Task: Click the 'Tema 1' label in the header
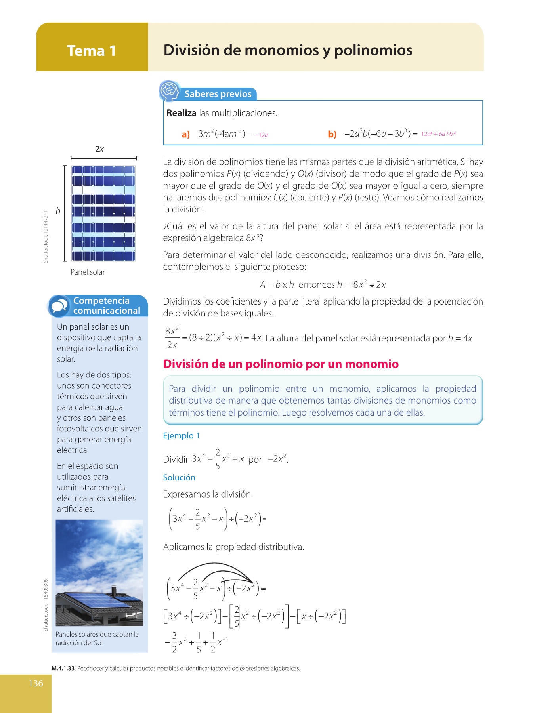point(92,51)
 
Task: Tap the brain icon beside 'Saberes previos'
point(170,91)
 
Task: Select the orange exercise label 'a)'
point(186,135)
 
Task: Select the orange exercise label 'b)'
point(332,134)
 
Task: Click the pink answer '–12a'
point(262,135)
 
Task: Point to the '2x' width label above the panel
point(99,149)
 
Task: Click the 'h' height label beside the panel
point(58,211)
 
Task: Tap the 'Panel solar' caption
point(88,272)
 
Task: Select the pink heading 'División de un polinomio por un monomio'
point(281,364)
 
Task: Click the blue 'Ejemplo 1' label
point(181,436)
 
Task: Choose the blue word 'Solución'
point(179,478)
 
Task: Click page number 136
point(36,683)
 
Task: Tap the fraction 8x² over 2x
point(172,338)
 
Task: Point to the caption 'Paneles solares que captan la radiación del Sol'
point(97,639)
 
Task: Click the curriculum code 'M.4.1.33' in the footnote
point(63,669)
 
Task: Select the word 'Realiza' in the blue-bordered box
point(182,113)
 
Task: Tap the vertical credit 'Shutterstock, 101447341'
point(46,236)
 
